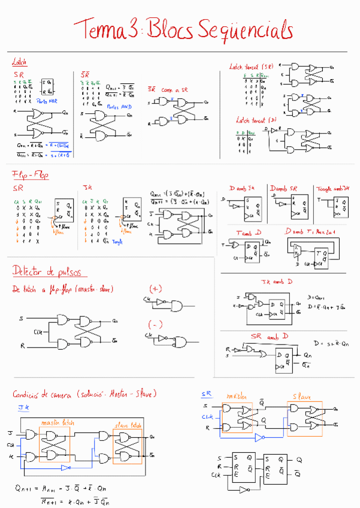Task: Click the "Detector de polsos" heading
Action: coord(46,271)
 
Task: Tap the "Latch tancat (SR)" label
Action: coord(251,67)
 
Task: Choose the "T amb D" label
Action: coord(248,232)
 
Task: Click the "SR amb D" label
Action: coord(268,336)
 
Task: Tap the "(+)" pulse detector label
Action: coord(155,288)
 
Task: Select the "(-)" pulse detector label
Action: coord(155,325)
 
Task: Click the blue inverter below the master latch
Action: coord(67,468)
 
